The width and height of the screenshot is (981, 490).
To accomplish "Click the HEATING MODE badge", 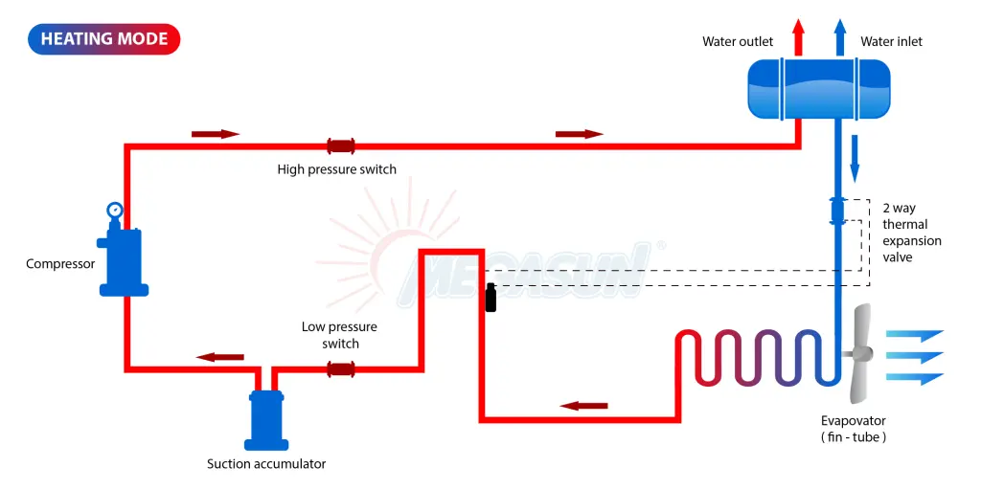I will pos(104,39).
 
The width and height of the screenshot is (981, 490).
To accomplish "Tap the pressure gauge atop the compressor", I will pos(115,210).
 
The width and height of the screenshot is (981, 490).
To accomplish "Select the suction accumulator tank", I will pos(266,417).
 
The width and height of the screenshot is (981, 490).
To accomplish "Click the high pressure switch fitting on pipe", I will pos(341,146).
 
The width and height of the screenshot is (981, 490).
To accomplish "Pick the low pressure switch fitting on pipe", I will pos(341,368).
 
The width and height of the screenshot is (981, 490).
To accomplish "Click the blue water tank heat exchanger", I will pos(818,89).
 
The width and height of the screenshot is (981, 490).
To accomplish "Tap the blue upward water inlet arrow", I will pos(840,37).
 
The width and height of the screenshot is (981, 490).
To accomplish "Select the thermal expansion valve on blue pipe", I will pos(836,210).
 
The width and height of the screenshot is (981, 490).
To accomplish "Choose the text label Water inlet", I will pos(891,41).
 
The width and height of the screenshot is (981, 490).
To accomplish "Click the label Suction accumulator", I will pos(266,464).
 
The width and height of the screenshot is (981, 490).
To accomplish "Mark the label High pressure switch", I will pos(336,169).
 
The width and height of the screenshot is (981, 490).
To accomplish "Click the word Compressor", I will pos(60,263).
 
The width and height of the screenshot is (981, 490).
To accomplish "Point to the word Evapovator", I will pos(853,420).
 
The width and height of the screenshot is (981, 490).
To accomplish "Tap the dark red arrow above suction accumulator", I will pos(219,357).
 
